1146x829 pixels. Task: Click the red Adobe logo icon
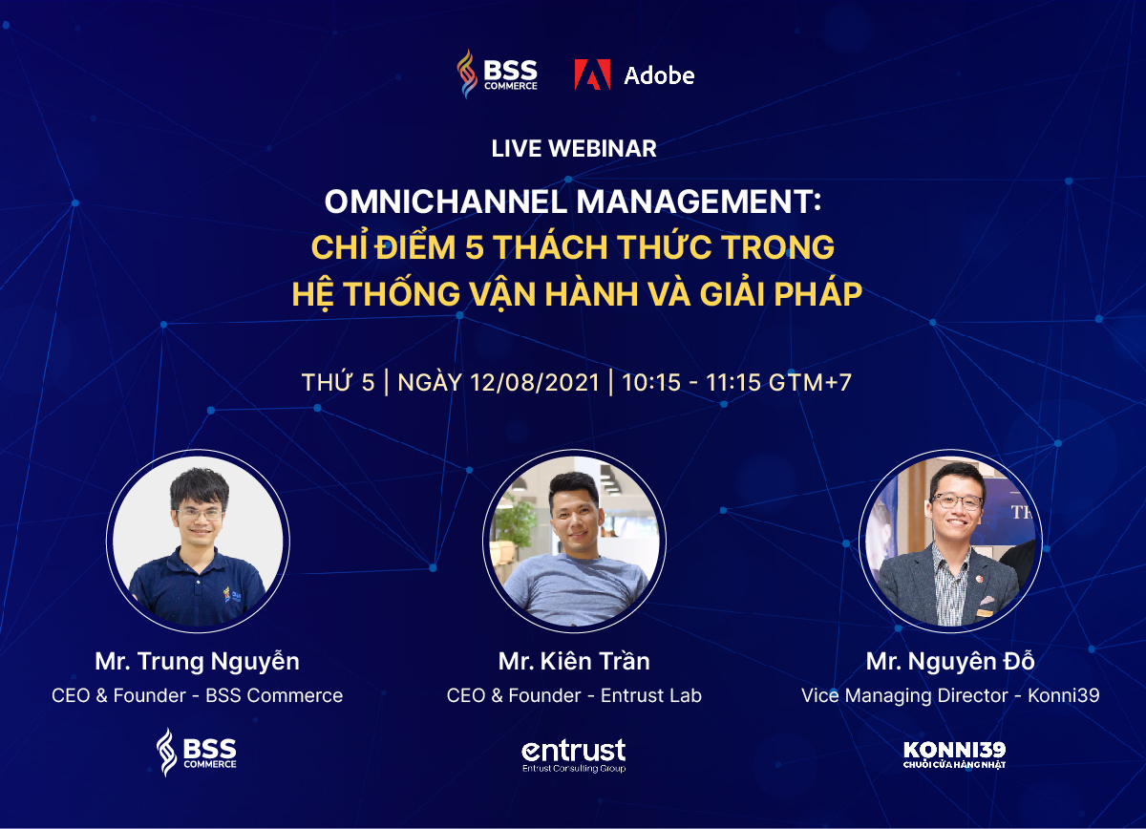[592, 74]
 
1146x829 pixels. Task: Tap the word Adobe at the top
[659, 75]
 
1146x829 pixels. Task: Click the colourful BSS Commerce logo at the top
[497, 74]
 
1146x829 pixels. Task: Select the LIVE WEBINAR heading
[574, 149]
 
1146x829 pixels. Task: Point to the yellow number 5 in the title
[475, 247]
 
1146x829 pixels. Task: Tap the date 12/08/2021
[534, 383]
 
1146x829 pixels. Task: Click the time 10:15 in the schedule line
[650, 383]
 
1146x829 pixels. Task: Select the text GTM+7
[810, 383]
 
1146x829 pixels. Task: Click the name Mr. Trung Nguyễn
[197, 661]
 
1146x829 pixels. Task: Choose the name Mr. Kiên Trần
[574, 661]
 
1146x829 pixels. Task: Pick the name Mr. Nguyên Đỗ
[950, 661]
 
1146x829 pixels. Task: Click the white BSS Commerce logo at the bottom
[197, 753]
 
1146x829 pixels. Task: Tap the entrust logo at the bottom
[574, 755]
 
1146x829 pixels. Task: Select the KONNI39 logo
[955, 755]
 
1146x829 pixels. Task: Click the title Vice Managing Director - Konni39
[950, 695]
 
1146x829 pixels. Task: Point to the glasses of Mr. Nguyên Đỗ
[957, 501]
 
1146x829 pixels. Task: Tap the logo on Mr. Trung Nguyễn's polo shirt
[232, 595]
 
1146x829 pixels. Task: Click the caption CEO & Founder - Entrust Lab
[574, 695]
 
